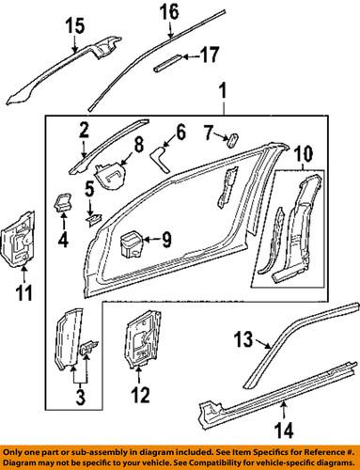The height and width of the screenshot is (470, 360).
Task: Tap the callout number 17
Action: coord(211,56)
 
